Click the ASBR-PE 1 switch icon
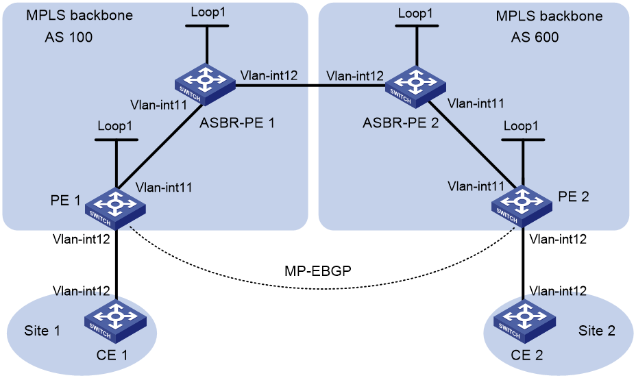(205, 84)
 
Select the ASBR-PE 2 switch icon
(415, 87)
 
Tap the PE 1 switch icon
(116, 208)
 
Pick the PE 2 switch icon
(522, 206)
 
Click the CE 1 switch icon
(116, 321)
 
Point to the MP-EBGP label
(317, 270)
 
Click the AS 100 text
(69, 37)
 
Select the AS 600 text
(535, 37)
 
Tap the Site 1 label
(42, 331)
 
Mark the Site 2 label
(597, 331)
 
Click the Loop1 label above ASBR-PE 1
(208, 12)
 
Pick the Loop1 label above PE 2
(521, 126)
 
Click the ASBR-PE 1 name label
(237, 123)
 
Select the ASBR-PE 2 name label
(401, 123)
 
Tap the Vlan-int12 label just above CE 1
(81, 291)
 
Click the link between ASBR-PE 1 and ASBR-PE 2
(310, 86)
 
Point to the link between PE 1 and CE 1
(117, 266)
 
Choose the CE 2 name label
(527, 355)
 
